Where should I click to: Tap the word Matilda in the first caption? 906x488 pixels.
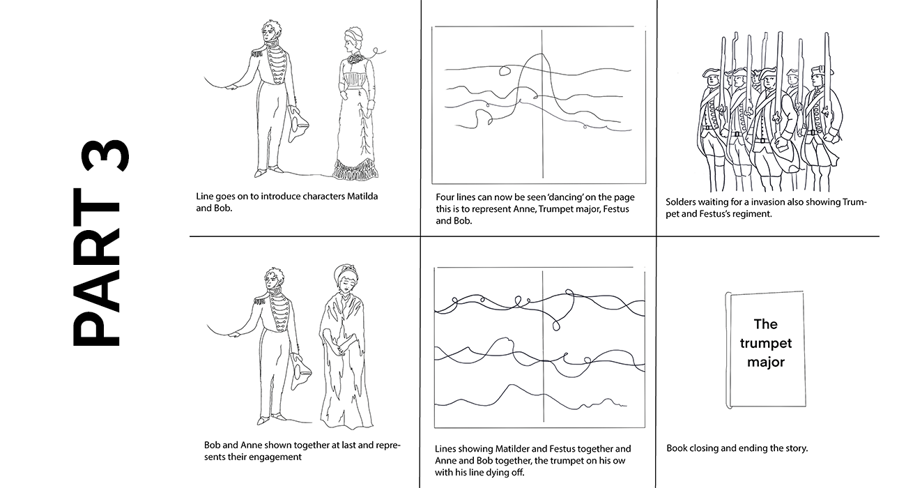[362, 197]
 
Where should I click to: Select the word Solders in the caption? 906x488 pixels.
[681, 202]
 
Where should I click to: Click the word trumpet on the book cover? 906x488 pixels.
[766, 344]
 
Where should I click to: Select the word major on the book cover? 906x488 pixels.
[766, 362]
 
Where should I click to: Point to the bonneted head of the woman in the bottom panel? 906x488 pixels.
[346, 280]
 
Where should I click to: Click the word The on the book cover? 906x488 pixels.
[766, 324]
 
